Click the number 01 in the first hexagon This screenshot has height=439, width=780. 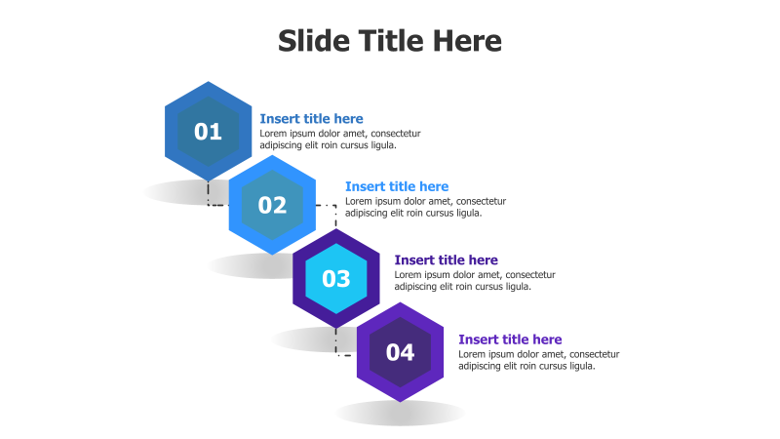coord(208,132)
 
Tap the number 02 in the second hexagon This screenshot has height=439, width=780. coord(272,205)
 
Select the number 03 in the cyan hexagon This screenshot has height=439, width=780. coord(336,279)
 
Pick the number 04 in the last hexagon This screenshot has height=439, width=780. coord(400,352)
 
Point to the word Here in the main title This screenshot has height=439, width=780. coord(462,41)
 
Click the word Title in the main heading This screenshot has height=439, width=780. coord(387,41)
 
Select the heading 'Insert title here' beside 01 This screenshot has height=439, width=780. coord(311,118)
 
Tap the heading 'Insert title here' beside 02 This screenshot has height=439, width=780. coord(397,186)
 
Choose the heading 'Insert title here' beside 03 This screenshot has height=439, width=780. coord(446,260)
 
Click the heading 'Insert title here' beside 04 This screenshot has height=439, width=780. coord(510,339)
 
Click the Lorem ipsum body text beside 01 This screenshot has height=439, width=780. coord(339,140)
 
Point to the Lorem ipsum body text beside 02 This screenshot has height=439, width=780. coord(425,207)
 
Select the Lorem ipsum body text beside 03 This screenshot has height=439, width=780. coord(474,281)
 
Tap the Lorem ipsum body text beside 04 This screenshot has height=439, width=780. coord(538,360)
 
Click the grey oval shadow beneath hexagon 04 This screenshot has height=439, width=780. coord(400,414)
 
